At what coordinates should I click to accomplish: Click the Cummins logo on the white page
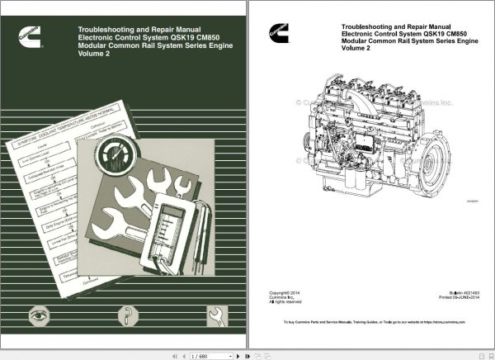pos(273,33)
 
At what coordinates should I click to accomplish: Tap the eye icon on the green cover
pos(36,314)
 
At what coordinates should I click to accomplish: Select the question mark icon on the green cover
pos(127,314)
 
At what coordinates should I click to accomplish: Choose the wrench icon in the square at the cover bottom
pos(216,314)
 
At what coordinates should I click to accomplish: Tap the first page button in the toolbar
pos(173,356)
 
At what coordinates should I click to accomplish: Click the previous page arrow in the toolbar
pos(183,356)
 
